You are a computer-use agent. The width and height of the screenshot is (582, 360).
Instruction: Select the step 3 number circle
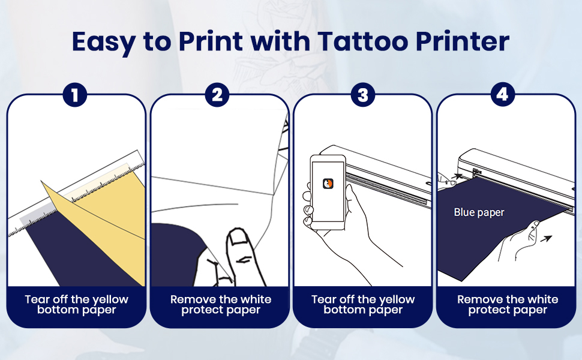coord(362,95)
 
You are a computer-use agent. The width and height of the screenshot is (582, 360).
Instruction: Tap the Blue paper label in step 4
coord(479,212)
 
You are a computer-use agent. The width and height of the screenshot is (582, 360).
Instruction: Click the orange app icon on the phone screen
coord(328,183)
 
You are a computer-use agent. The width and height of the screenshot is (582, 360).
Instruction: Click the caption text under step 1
coord(77,304)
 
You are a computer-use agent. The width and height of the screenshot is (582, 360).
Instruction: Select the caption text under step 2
coord(220,304)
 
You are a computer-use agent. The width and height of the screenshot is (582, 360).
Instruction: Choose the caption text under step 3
coord(363,304)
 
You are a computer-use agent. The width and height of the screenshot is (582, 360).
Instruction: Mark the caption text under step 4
coord(507,304)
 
